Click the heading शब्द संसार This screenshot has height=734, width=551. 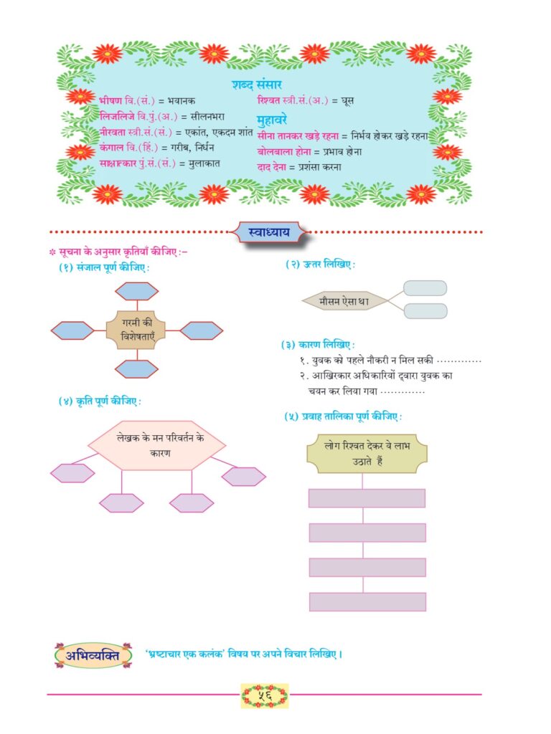[x=256, y=85]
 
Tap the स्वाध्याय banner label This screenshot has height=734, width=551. [x=270, y=232]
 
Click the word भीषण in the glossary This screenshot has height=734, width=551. [x=110, y=100]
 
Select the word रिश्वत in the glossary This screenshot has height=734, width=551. [x=268, y=100]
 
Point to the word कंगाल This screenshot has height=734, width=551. [x=111, y=148]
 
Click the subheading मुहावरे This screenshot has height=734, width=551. [x=272, y=120]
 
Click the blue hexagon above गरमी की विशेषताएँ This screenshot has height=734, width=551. [x=137, y=291]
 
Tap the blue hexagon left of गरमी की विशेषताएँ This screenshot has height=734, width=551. [x=72, y=330]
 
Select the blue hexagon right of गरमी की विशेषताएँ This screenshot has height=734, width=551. [x=202, y=330]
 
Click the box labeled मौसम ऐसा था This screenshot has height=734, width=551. [x=344, y=301]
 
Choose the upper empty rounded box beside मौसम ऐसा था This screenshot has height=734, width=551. [x=425, y=288]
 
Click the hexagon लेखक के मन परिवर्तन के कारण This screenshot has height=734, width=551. [x=157, y=445]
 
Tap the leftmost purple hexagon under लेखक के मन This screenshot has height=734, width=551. [x=72, y=473]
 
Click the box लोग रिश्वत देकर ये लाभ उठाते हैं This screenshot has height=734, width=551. [x=367, y=453]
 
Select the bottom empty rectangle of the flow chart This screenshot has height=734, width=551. [x=367, y=601]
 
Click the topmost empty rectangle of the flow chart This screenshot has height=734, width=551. [x=367, y=498]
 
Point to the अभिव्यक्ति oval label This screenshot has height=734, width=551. [x=93, y=655]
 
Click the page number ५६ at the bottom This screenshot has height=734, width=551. [x=265, y=695]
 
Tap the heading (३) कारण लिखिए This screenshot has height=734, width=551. [x=318, y=345]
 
